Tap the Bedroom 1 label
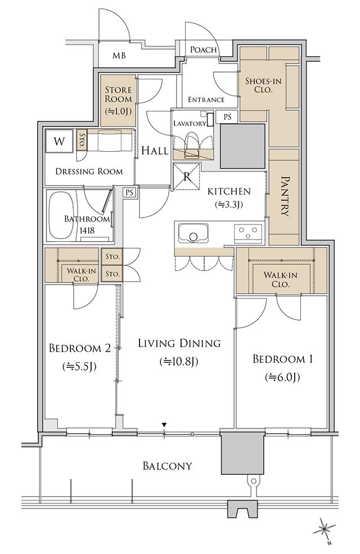tap(282, 359)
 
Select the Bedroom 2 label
tap(80, 348)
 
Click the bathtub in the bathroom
tap(62, 215)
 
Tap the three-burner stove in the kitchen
tap(248, 233)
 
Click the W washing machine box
tap(60, 141)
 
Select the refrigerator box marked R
tap(187, 176)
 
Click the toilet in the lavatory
tap(193, 143)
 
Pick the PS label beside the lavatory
tap(227, 116)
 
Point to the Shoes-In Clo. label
tap(264, 85)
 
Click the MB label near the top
tap(119, 56)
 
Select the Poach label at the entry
tap(203, 49)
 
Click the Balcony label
tap(168, 466)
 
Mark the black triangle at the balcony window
tap(164, 425)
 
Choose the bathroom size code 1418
tap(87, 231)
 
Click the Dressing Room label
tap(89, 172)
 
